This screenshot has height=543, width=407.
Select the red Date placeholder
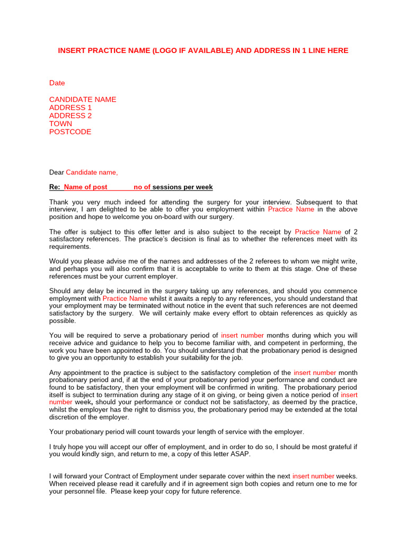(x=57, y=83)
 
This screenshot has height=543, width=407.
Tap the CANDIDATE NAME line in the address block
(x=83, y=100)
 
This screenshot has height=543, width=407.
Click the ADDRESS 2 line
(x=70, y=116)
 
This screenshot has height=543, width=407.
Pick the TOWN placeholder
(x=60, y=124)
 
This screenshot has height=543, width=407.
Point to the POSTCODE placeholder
(x=70, y=132)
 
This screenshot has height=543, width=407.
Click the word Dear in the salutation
(x=56, y=172)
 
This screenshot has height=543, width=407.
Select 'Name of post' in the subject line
(x=85, y=187)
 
